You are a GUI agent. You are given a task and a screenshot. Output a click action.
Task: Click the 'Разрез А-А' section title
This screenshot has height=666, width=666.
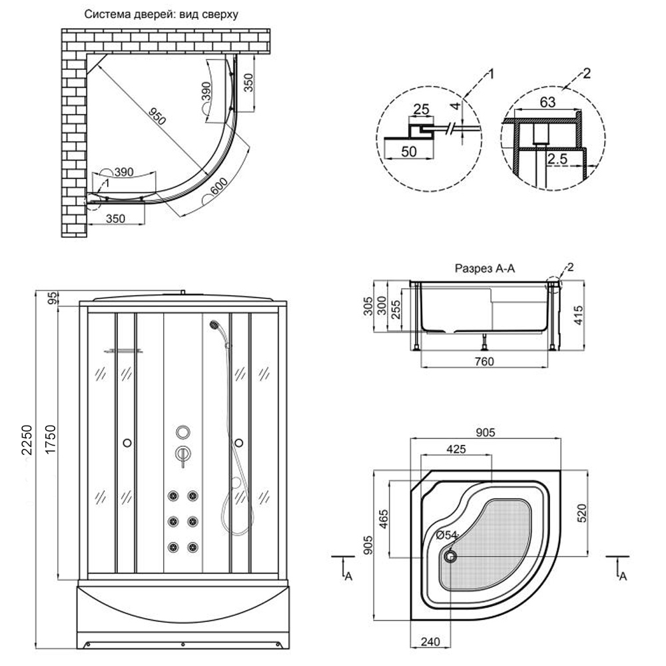(x=486, y=268)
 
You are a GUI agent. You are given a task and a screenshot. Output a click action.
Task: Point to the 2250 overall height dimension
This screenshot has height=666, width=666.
(x=27, y=440)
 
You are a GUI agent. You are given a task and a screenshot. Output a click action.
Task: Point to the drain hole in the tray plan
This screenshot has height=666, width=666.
(x=452, y=555)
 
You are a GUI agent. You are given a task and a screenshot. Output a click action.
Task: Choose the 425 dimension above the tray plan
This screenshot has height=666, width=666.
(x=456, y=450)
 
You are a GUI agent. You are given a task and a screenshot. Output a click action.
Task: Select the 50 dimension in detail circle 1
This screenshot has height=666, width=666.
(x=408, y=152)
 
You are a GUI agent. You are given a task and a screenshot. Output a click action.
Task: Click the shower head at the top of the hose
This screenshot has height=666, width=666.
(x=214, y=326)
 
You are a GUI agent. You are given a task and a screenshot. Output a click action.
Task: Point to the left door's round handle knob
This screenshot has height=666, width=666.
(x=126, y=442)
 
